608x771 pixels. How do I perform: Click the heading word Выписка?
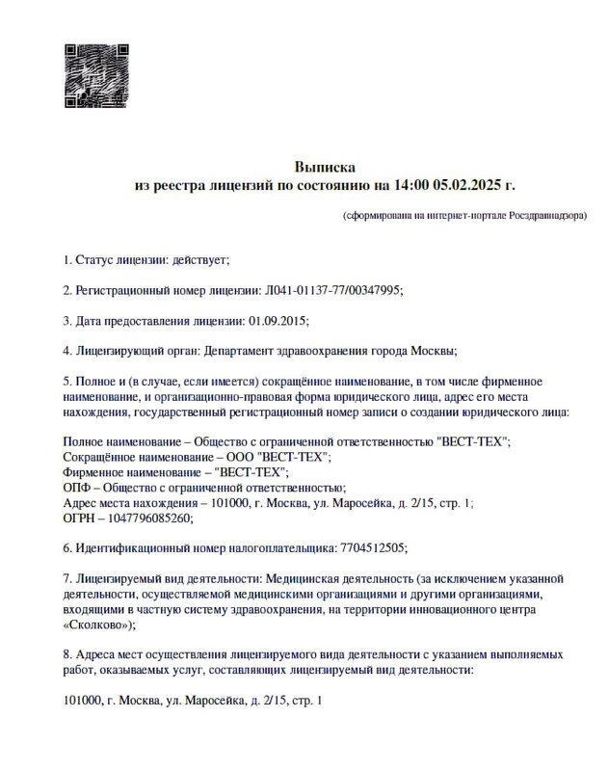(x=325, y=167)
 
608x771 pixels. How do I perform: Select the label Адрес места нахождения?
(x=130, y=502)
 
